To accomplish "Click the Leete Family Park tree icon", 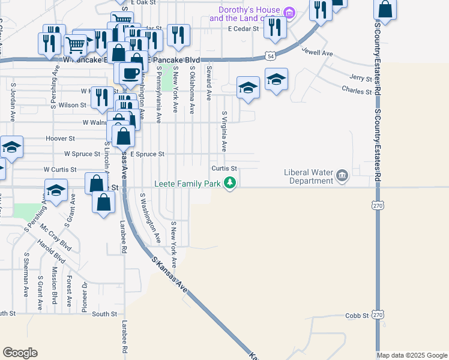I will (229, 184).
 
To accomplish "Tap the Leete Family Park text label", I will (188, 184).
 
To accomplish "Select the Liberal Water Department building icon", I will (342, 175).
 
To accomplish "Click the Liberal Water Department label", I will (308, 176).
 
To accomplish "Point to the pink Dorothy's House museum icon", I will (289, 13).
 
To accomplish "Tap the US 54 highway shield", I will (271, 56).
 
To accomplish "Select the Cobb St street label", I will (356, 316).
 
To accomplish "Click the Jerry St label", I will (361, 78).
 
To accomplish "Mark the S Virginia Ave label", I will (224, 131).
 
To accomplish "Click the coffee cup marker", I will (130, 73).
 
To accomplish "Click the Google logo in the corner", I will (20, 353).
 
